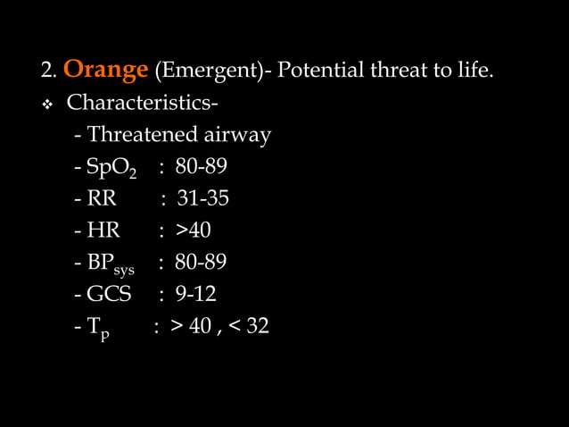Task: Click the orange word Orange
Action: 105,69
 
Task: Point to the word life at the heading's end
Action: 472,70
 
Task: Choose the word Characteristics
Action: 143,103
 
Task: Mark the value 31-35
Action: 203,198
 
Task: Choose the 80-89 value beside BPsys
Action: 201,263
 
